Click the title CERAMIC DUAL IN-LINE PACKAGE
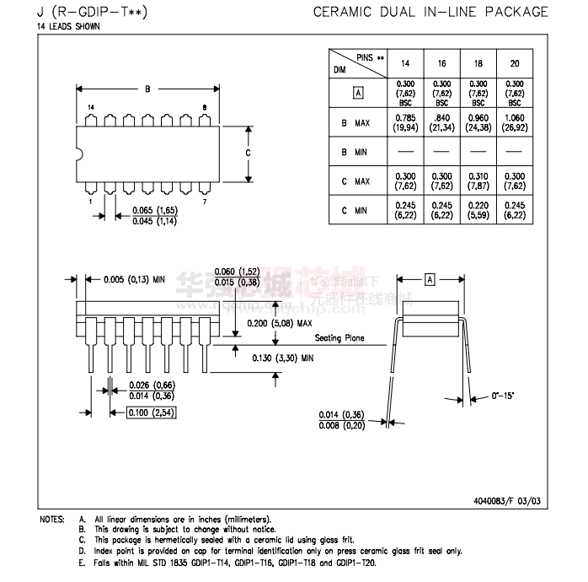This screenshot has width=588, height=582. [x=430, y=12]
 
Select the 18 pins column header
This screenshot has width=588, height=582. [x=478, y=63]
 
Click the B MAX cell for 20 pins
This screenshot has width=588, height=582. [x=515, y=122]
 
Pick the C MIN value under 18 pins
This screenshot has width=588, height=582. [x=478, y=211]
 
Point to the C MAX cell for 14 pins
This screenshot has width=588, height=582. [x=405, y=181]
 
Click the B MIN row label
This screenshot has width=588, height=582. [x=355, y=152]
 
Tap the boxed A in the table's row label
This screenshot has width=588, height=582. [x=358, y=93]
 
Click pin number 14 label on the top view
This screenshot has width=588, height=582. [x=91, y=107]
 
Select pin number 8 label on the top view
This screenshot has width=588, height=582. [x=205, y=107]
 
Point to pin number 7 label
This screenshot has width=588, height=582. [x=205, y=202]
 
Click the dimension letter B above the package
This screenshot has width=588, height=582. [x=148, y=89]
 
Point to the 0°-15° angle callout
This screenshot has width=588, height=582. [x=503, y=395]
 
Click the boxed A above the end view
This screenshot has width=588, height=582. [x=429, y=279]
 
